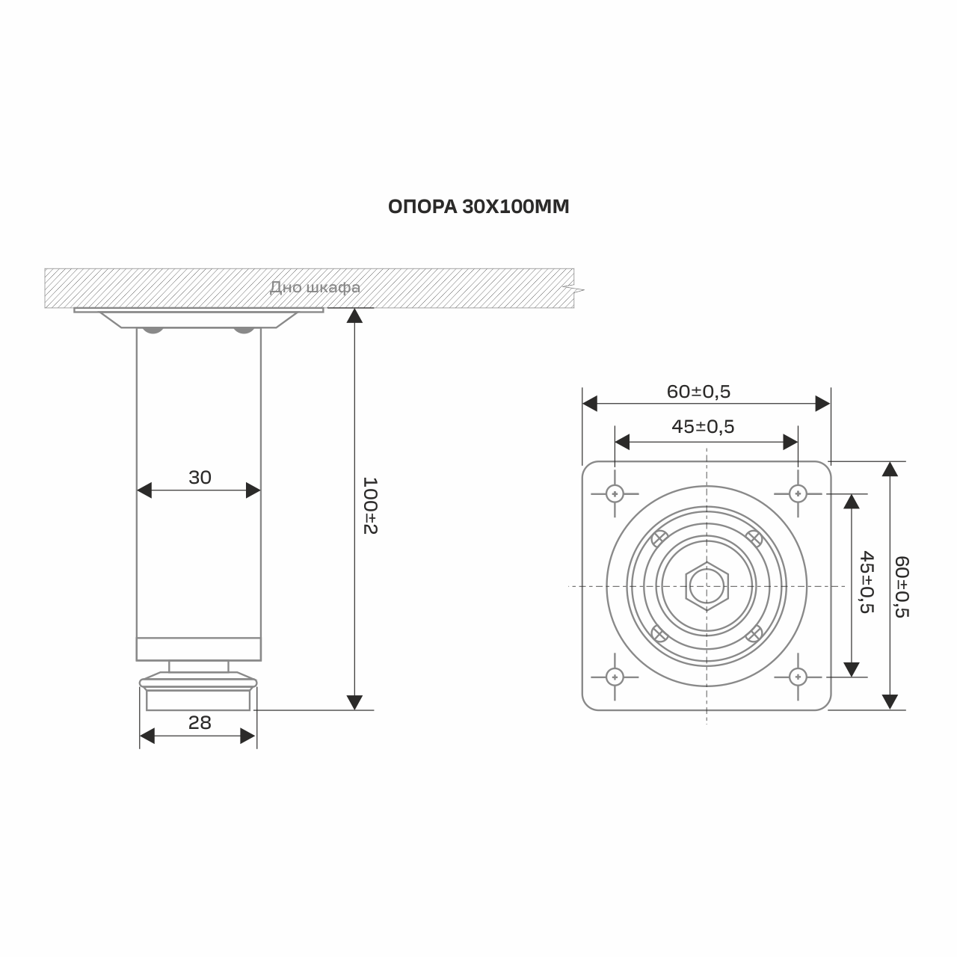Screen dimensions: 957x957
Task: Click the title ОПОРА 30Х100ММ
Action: (x=478, y=207)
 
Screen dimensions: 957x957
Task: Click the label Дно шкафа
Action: (x=315, y=288)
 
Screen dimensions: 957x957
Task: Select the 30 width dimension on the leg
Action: (x=200, y=478)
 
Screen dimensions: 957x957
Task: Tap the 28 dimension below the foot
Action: (x=200, y=722)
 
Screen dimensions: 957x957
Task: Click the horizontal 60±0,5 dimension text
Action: (x=698, y=391)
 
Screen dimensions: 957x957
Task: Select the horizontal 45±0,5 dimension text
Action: (x=703, y=427)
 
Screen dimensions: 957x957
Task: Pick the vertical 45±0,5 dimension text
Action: (x=867, y=582)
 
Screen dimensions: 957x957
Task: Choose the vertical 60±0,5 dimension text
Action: (x=902, y=586)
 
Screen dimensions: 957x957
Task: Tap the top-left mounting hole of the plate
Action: (x=615, y=493)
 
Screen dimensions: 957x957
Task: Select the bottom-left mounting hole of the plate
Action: (x=615, y=677)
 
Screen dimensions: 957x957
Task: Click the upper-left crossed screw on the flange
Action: (x=659, y=538)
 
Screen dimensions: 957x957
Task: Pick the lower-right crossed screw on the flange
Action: (x=754, y=634)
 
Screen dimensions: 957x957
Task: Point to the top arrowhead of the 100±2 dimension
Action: (x=355, y=316)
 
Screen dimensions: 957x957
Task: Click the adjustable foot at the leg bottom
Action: (x=198, y=692)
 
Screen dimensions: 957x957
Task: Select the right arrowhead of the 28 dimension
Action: (x=248, y=736)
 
